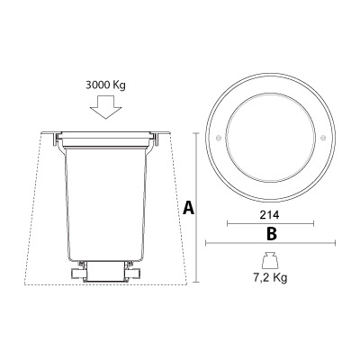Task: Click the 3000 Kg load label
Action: click(x=105, y=85)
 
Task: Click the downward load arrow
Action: click(x=106, y=107)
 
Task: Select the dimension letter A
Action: click(x=188, y=208)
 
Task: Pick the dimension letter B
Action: click(x=272, y=234)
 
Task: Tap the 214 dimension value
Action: click(x=269, y=215)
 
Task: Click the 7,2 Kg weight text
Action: click(x=270, y=277)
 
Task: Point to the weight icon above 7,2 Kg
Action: click(x=270, y=261)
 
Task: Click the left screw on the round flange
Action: click(x=219, y=138)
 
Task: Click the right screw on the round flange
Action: click(x=323, y=138)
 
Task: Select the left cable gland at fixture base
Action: click(x=77, y=273)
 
